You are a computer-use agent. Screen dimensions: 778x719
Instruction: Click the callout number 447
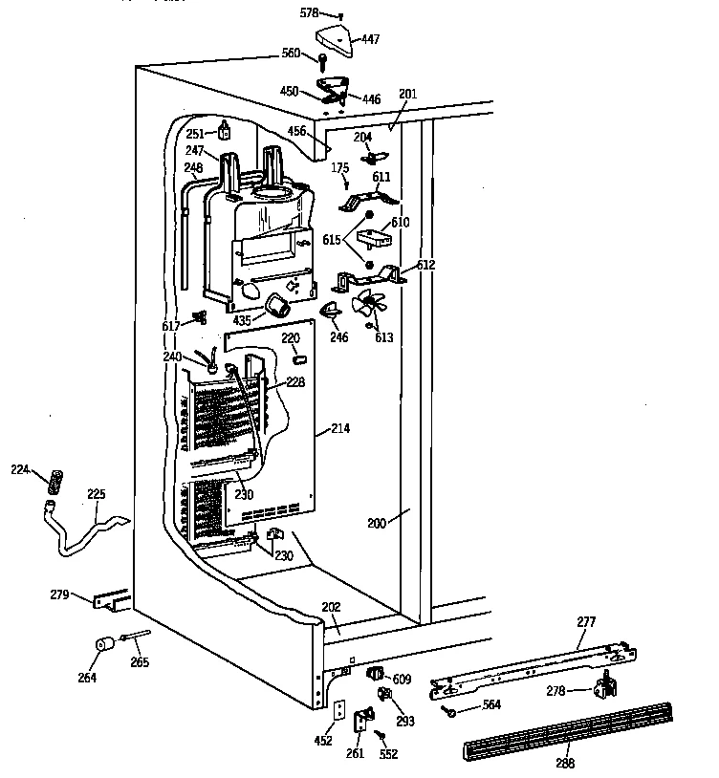click(x=370, y=39)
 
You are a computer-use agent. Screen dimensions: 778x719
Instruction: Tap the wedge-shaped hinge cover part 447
click(x=336, y=38)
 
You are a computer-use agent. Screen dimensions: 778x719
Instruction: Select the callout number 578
click(x=308, y=14)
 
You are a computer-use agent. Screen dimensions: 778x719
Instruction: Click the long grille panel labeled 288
click(x=564, y=732)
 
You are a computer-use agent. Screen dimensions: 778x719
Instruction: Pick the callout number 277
click(x=585, y=622)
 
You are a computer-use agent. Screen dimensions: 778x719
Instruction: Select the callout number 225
click(x=97, y=494)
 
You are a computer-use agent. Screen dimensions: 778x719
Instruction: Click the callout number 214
click(x=339, y=429)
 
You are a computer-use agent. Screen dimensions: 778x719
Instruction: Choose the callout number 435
click(x=243, y=320)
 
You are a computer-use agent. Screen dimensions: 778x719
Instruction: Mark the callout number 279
click(x=59, y=595)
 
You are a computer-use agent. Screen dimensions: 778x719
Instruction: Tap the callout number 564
click(x=491, y=706)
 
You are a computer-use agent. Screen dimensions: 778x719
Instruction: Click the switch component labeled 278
click(x=602, y=685)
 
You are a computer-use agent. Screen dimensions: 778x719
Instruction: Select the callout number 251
click(x=196, y=134)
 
